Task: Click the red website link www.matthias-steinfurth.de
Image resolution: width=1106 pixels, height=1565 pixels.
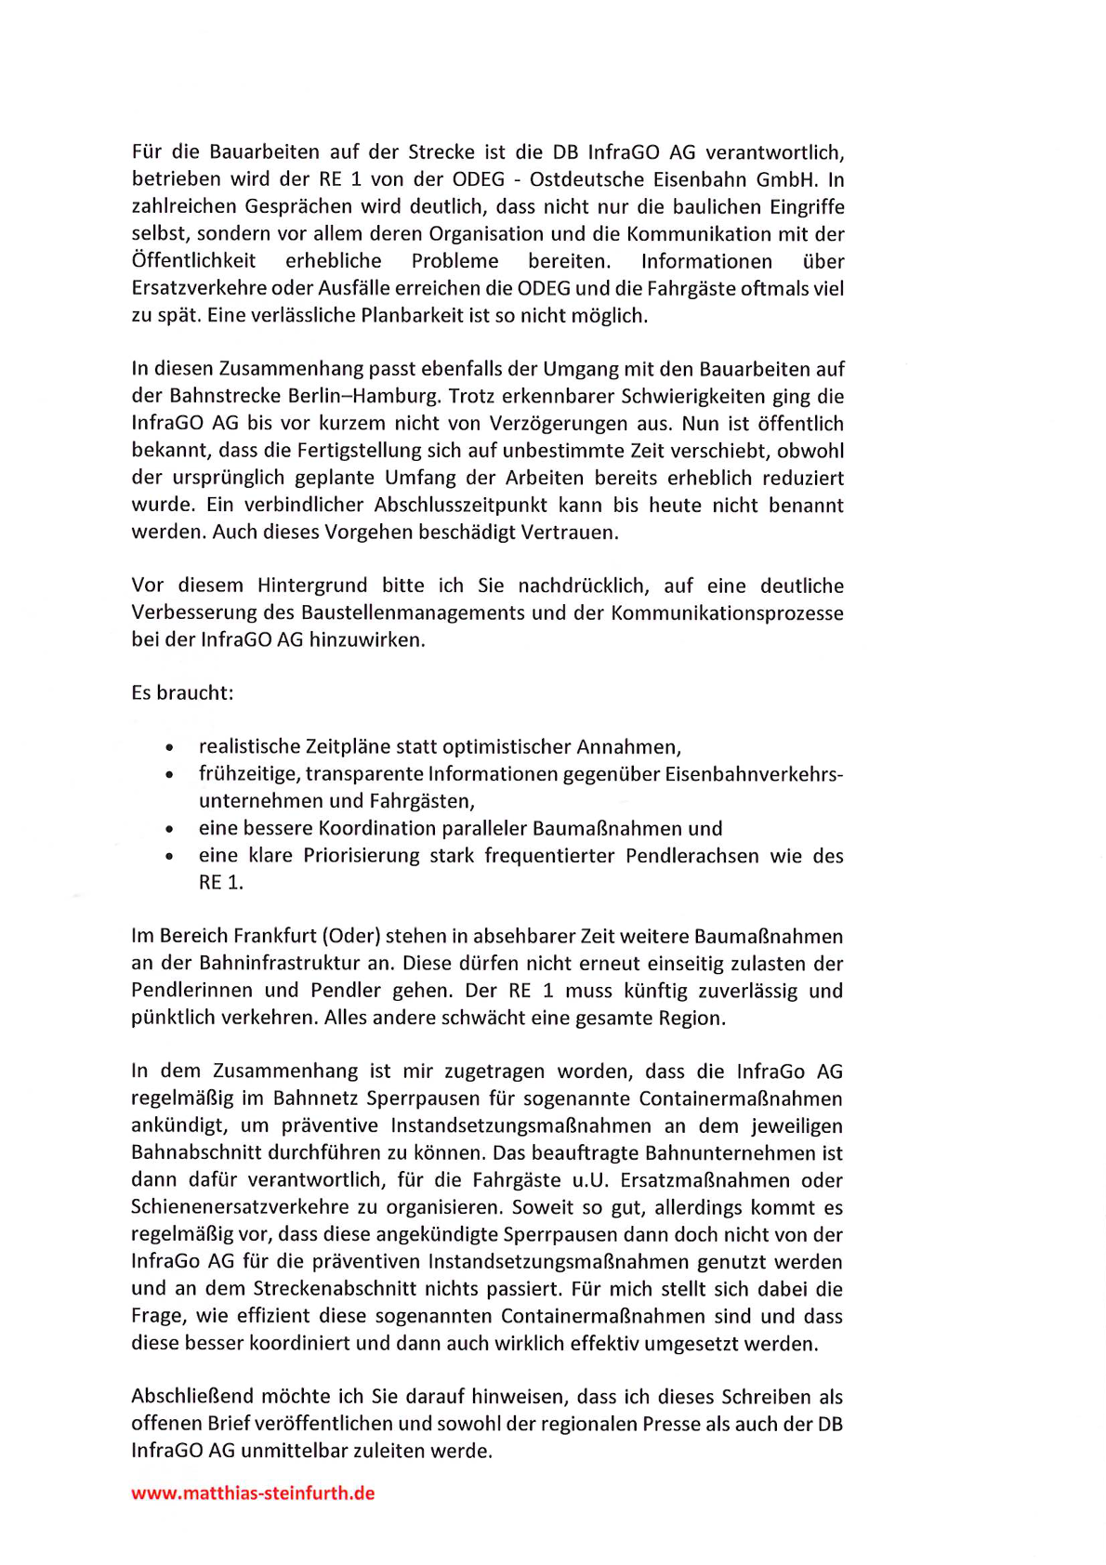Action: (253, 1493)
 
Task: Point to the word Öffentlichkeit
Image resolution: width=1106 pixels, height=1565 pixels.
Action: (193, 261)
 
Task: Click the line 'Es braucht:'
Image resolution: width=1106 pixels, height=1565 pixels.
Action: (182, 693)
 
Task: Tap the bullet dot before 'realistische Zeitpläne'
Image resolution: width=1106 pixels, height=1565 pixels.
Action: (169, 747)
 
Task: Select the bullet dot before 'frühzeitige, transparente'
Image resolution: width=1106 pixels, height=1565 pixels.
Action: (169, 774)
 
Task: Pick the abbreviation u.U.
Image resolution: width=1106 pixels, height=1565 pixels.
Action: (590, 1180)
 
